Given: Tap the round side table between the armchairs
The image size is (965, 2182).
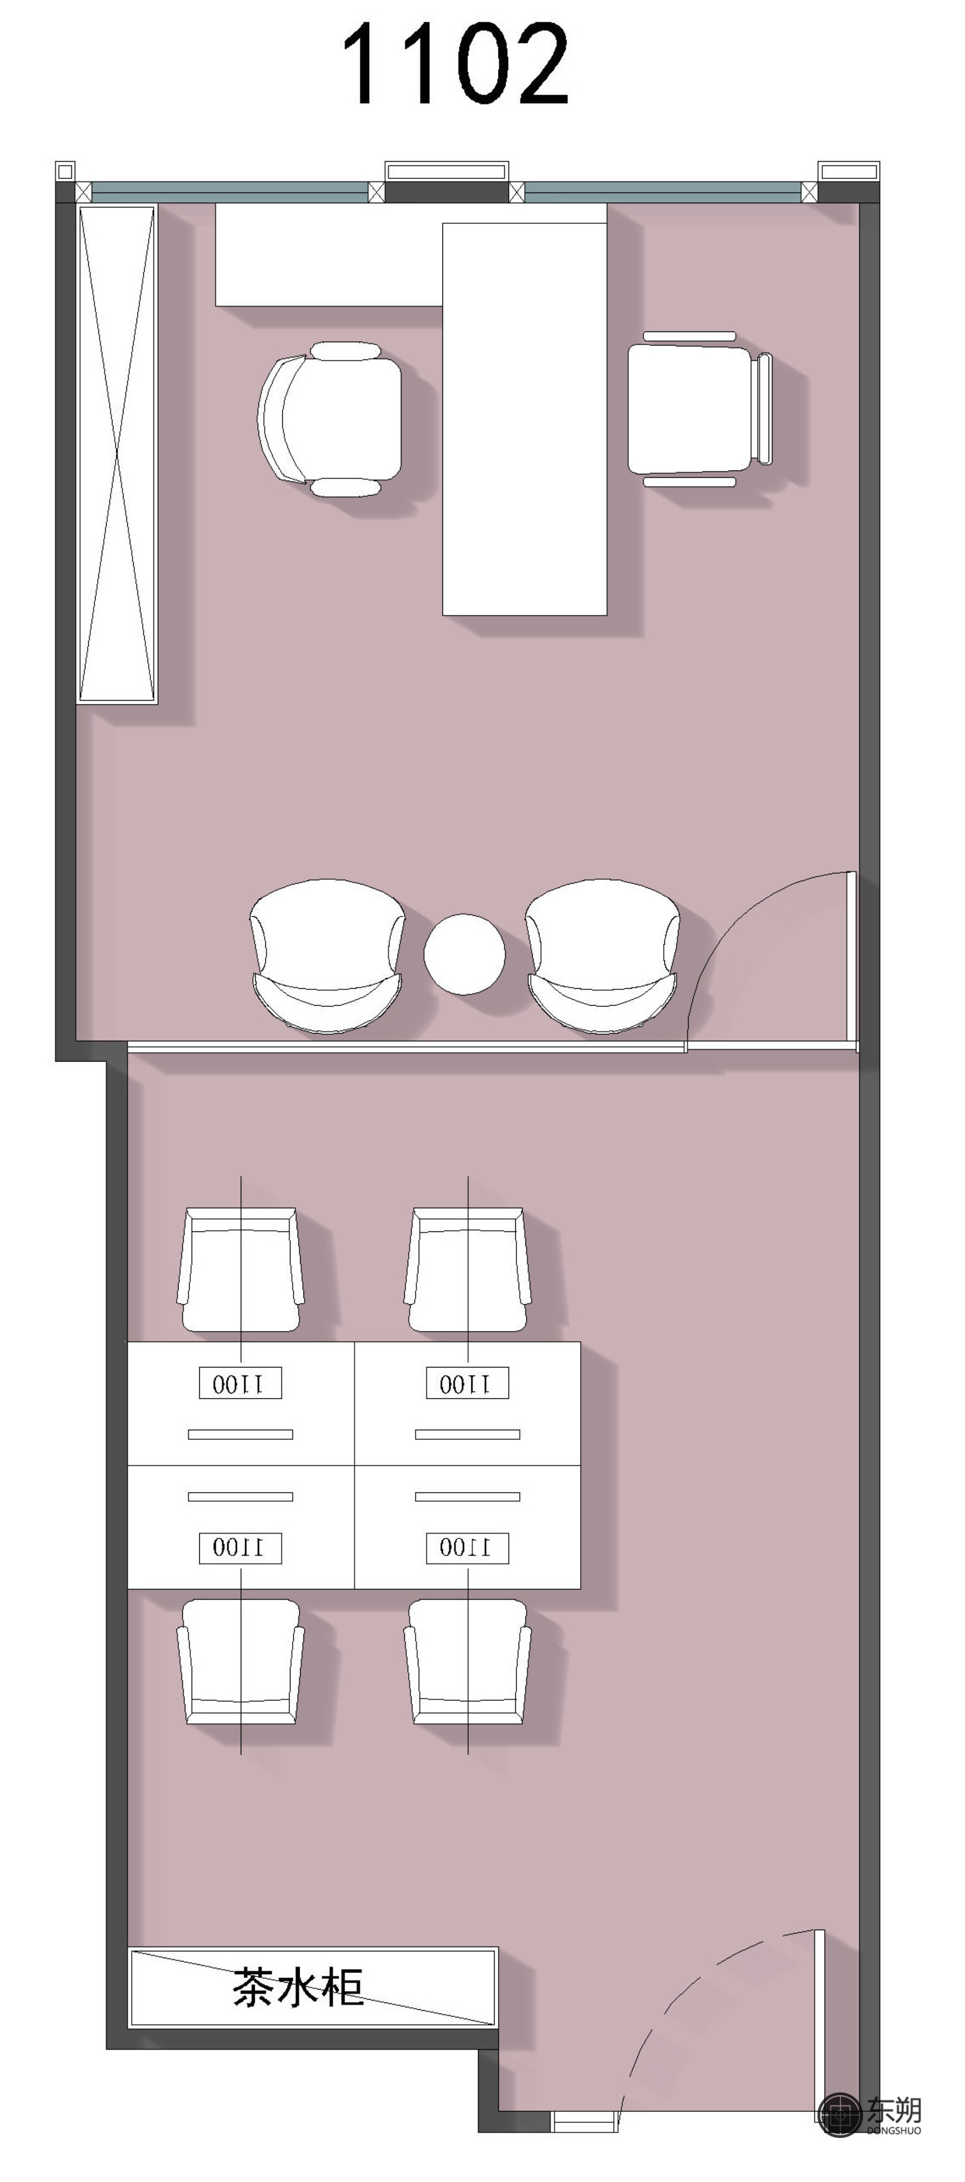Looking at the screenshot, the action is [x=464, y=954].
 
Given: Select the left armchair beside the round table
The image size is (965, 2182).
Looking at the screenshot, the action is [x=327, y=956].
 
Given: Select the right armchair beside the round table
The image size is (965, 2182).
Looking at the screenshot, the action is [x=602, y=956].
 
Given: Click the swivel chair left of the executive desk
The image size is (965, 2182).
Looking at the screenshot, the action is [x=330, y=419].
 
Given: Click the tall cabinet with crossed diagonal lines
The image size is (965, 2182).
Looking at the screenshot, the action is [x=117, y=453].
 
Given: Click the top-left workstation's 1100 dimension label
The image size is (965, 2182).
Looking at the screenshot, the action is [x=241, y=1383].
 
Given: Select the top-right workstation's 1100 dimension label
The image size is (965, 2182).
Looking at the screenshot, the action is [x=468, y=1383].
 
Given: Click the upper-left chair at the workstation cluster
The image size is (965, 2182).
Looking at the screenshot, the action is [x=241, y=1270].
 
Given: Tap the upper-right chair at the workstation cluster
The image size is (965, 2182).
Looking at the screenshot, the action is [x=468, y=1270].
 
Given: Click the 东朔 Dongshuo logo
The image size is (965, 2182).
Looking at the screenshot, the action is [x=870, y=2115].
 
